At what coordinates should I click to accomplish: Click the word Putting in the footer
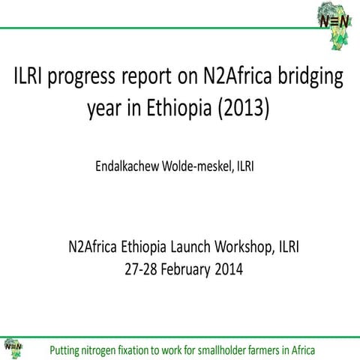click(x=65, y=349)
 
